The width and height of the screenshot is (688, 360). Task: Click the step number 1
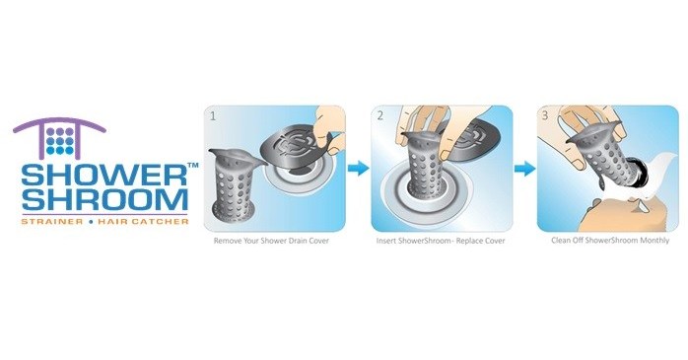pyautogui.click(x=211, y=115)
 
